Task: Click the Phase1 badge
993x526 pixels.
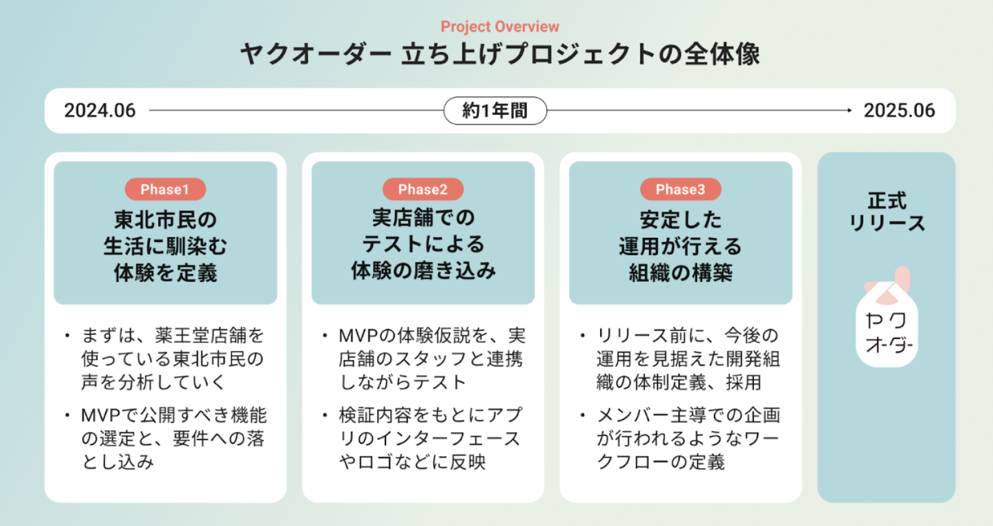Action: tap(165, 190)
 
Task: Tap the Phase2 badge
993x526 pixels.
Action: tap(422, 190)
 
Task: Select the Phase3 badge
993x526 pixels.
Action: tap(680, 190)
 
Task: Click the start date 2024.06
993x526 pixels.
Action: tap(100, 111)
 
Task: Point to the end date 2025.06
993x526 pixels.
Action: tap(899, 111)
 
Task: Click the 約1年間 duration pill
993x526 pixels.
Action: tap(495, 111)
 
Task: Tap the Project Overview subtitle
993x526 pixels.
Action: tap(500, 27)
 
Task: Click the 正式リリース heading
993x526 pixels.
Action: tap(887, 211)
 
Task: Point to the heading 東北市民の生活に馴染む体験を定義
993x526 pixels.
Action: tap(165, 246)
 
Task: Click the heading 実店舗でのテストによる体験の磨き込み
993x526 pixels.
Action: tap(422, 244)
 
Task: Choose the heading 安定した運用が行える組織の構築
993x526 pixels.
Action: tap(680, 246)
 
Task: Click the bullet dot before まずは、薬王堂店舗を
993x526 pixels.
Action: tap(67, 336)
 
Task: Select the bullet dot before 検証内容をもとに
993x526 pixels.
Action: tap(325, 415)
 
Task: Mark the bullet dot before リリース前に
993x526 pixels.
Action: tap(582, 336)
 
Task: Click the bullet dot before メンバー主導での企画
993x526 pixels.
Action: tap(582, 415)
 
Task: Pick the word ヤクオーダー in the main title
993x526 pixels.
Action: tap(316, 54)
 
